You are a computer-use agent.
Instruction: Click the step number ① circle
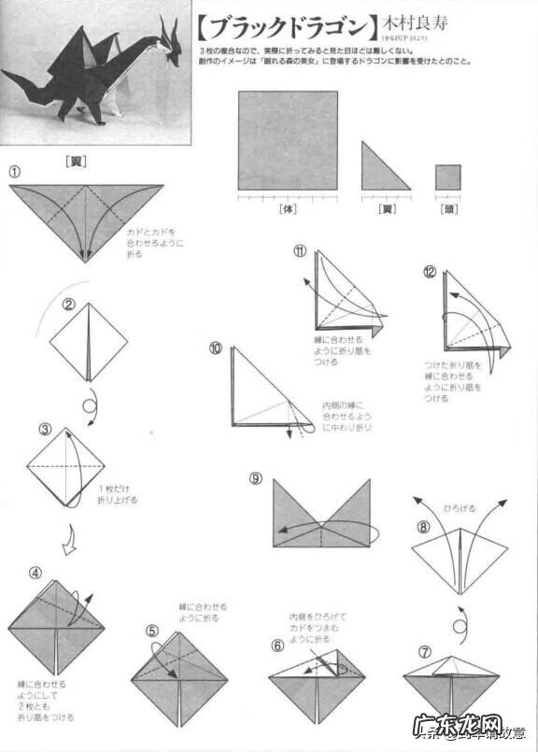click(x=15, y=172)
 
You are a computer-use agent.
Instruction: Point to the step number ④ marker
click(x=35, y=573)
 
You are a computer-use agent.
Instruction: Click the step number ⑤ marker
click(x=152, y=630)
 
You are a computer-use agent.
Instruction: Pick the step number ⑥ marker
click(x=277, y=645)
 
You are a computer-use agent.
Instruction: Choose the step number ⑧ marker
click(x=423, y=527)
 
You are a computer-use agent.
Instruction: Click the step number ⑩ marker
click(x=216, y=348)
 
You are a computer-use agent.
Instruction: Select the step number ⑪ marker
click(x=299, y=250)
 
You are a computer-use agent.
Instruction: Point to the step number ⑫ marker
click(x=430, y=272)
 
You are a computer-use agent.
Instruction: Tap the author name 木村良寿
click(x=413, y=21)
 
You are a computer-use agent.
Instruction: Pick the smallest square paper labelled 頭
click(x=447, y=177)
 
